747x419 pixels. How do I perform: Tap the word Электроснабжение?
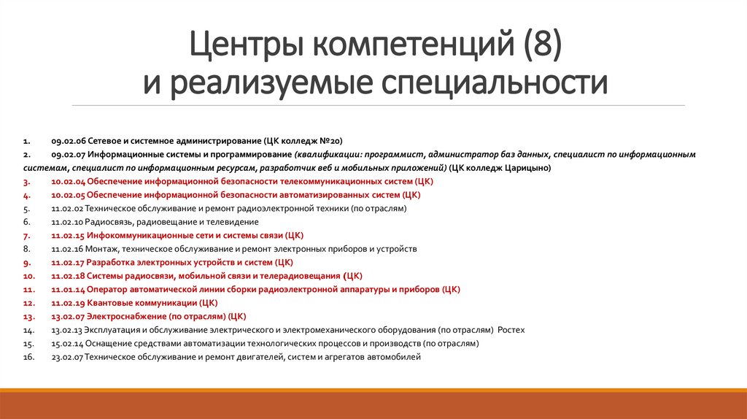pos(127,316)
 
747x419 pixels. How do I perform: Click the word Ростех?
pos(511,330)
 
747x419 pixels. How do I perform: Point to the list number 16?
pos(27,357)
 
